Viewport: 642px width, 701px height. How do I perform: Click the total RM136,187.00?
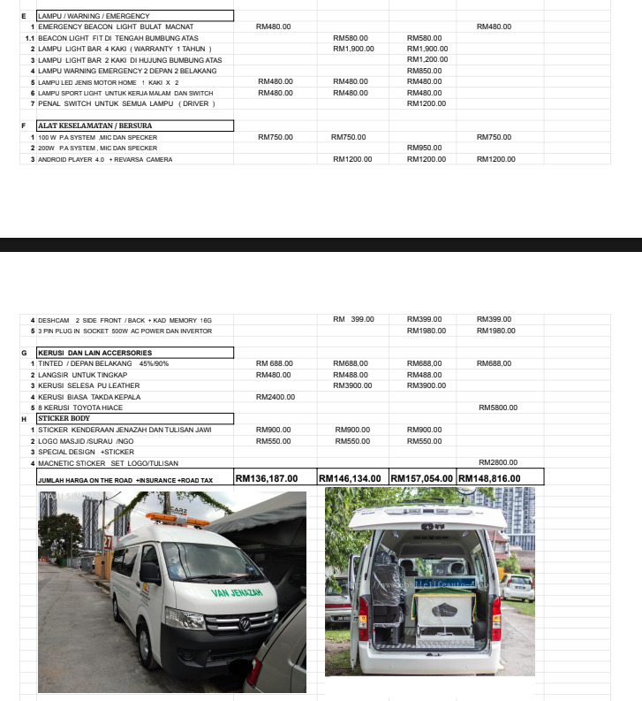pos(267,478)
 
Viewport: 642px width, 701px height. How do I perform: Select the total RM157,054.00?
pos(421,478)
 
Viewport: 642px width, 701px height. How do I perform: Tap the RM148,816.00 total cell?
pos(489,478)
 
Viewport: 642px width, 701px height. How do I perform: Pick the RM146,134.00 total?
pos(351,478)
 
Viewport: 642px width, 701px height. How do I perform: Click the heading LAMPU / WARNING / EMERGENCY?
pos(94,16)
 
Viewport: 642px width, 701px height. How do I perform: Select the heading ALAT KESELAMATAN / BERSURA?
pos(88,126)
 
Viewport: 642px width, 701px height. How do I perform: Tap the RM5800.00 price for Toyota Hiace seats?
pos(497,408)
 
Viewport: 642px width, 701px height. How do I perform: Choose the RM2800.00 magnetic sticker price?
pos(497,462)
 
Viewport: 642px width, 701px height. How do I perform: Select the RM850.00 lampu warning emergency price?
pos(425,71)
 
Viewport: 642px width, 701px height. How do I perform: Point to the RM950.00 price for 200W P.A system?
pos(425,148)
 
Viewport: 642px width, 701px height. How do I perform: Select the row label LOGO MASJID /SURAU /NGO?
pos(87,440)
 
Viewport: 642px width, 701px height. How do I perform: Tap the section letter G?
pos(24,353)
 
